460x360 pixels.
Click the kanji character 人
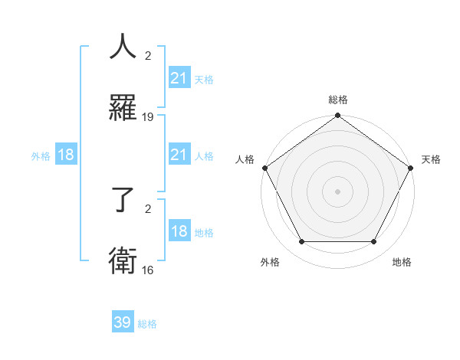click(x=123, y=47)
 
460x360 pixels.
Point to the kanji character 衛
click(x=123, y=261)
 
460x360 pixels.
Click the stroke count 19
click(x=148, y=117)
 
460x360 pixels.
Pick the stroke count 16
click(x=148, y=270)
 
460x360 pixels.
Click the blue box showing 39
click(x=123, y=322)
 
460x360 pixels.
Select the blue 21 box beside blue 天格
click(x=179, y=78)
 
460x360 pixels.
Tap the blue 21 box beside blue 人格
click(x=179, y=155)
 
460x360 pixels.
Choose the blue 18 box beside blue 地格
click(x=179, y=231)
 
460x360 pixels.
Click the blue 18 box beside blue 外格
click(x=66, y=155)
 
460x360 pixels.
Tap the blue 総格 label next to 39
click(x=147, y=324)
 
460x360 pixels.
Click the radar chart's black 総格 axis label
click(x=337, y=100)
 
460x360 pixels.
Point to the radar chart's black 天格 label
click(x=432, y=159)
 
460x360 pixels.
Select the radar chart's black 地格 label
click(x=402, y=262)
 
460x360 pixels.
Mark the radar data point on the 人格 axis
click(x=264, y=168)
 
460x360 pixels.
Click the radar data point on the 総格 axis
click(x=337, y=116)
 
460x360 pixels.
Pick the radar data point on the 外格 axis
click(x=301, y=242)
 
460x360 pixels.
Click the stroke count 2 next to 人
click(x=148, y=55)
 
